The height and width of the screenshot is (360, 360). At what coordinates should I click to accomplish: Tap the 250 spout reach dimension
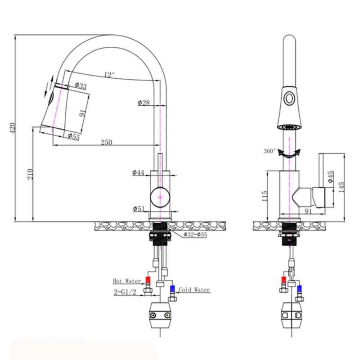(106, 142)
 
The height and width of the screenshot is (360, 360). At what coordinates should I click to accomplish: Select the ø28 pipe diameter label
(144, 103)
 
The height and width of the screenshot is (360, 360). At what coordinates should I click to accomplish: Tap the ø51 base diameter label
(139, 208)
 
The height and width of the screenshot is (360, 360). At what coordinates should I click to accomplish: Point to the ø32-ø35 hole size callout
(195, 234)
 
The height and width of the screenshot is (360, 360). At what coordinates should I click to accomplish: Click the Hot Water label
(124, 281)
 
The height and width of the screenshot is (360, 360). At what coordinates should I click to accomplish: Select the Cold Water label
(194, 290)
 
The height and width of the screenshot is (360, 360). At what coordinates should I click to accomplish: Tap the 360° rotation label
(270, 151)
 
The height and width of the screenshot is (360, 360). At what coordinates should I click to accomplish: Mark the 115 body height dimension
(265, 195)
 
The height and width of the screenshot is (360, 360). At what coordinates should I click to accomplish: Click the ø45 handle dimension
(331, 176)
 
